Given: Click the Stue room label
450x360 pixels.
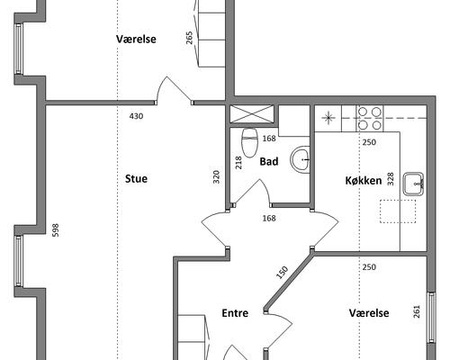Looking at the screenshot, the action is click(136, 179).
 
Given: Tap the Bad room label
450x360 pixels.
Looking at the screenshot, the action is click(269, 162).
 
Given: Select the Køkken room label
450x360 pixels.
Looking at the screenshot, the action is click(364, 181).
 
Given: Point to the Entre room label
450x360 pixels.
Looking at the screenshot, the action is click(235, 313).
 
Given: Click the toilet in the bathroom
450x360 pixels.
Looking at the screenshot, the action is click(250, 143).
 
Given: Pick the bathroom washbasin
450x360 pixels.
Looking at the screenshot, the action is click(300, 160).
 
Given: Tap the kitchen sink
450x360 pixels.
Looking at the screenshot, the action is click(413, 184).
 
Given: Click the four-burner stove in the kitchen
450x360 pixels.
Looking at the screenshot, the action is click(370, 119).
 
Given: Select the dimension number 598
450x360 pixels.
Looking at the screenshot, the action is click(56, 230).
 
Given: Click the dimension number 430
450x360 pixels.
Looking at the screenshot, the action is click(136, 116).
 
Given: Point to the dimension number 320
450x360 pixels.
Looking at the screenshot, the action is click(216, 176).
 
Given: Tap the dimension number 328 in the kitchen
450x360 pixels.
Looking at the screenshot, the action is click(391, 179).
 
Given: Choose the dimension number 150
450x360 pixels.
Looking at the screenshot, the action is click(282, 273).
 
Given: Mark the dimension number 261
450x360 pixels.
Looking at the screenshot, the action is click(417, 311).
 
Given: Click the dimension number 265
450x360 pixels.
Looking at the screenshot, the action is click(189, 38).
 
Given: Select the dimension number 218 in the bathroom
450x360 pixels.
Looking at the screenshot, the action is click(238, 163).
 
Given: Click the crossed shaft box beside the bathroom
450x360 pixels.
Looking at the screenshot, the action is click(252, 114).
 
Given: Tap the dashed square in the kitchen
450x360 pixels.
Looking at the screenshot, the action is click(398, 211).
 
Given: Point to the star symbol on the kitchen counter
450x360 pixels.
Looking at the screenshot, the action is click(328, 118).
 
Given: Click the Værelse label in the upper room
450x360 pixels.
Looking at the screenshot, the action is click(136, 39).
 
